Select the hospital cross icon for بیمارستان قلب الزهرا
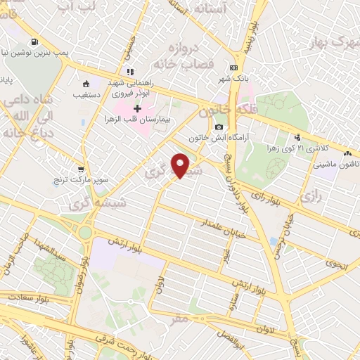tap(137, 108)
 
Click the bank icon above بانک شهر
tap(233, 67)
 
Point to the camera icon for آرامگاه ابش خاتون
tap(220, 127)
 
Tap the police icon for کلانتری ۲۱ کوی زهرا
tap(297, 138)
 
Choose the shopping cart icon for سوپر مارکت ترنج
tap(82, 169)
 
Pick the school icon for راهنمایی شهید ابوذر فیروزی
tap(130, 71)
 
